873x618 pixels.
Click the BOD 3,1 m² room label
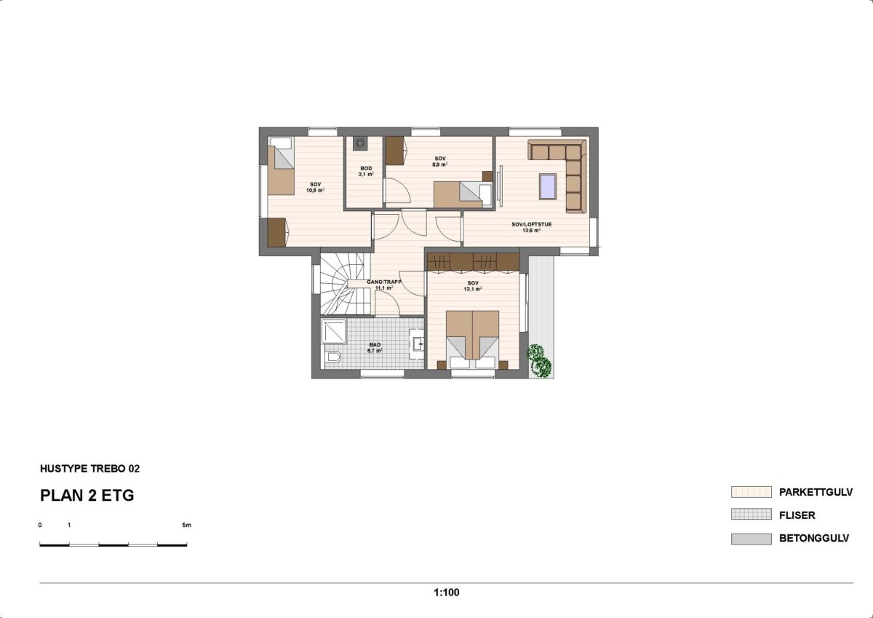click(366, 172)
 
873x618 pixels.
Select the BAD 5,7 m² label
click(375, 348)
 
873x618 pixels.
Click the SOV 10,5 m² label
click(315, 188)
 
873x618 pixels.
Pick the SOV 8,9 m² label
click(440, 162)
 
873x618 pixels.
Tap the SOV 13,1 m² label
click(473, 286)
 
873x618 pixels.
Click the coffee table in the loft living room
click(548, 186)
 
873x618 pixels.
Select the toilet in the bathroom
click(333, 357)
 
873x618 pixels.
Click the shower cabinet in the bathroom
click(334, 331)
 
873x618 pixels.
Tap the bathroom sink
click(418, 344)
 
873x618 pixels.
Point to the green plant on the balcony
click(539, 360)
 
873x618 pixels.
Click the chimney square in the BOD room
click(359, 143)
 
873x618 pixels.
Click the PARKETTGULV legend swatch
click(751, 491)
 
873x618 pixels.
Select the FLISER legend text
click(797, 515)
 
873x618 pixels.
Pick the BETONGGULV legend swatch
click(751, 539)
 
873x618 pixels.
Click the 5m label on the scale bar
click(187, 525)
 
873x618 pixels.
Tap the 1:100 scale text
click(447, 593)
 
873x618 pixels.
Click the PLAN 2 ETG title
click(87, 495)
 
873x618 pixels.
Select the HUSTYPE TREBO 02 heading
click(89, 468)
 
